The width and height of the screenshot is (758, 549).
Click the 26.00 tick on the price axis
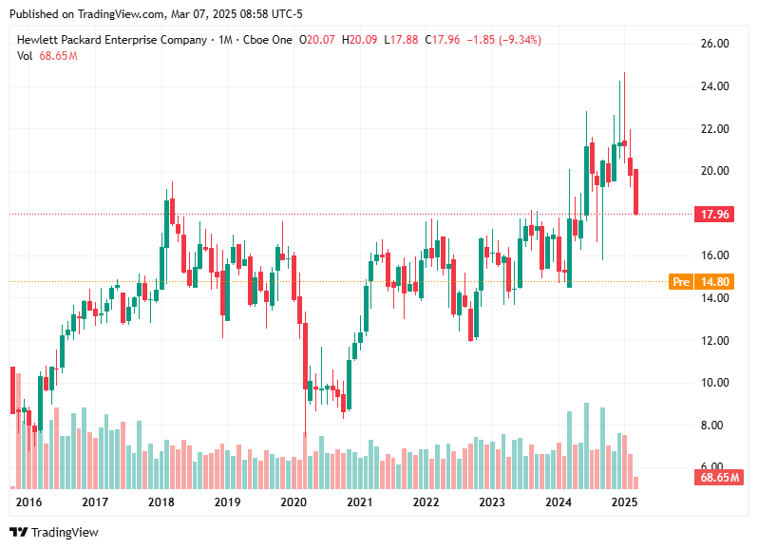tap(715, 44)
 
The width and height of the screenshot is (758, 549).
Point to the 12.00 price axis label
tap(715, 340)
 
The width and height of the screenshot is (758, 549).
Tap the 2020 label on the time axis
tap(293, 502)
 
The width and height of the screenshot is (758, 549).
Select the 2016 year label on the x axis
tap(29, 502)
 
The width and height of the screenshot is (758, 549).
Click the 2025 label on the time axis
tap(624, 502)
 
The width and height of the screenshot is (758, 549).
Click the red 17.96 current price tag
tap(714, 214)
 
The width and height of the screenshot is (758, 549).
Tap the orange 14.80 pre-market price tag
tap(718, 281)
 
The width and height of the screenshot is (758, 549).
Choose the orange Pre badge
tap(681, 281)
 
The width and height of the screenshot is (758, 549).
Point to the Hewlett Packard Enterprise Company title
tap(112, 40)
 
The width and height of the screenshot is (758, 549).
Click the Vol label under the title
tap(26, 56)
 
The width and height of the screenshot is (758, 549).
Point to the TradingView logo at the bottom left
tap(54, 533)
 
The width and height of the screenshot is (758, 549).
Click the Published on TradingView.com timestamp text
tap(155, 14)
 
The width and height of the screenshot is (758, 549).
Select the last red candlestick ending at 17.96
tap(636, 192)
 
